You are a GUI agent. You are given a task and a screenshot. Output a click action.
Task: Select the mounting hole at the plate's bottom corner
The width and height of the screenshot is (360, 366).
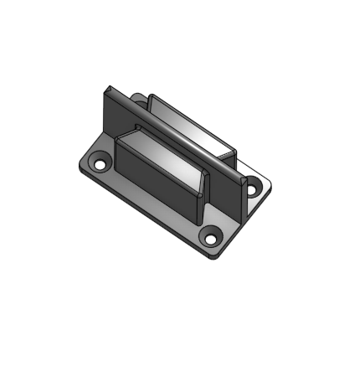coord(208,239)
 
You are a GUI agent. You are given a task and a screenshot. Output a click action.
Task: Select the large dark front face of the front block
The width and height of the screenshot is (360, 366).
coord(155,179)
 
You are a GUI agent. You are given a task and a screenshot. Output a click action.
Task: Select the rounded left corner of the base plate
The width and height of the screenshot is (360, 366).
coord(80,165)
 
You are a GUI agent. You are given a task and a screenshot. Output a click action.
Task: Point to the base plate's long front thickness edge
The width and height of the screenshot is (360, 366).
coord(142,213)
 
